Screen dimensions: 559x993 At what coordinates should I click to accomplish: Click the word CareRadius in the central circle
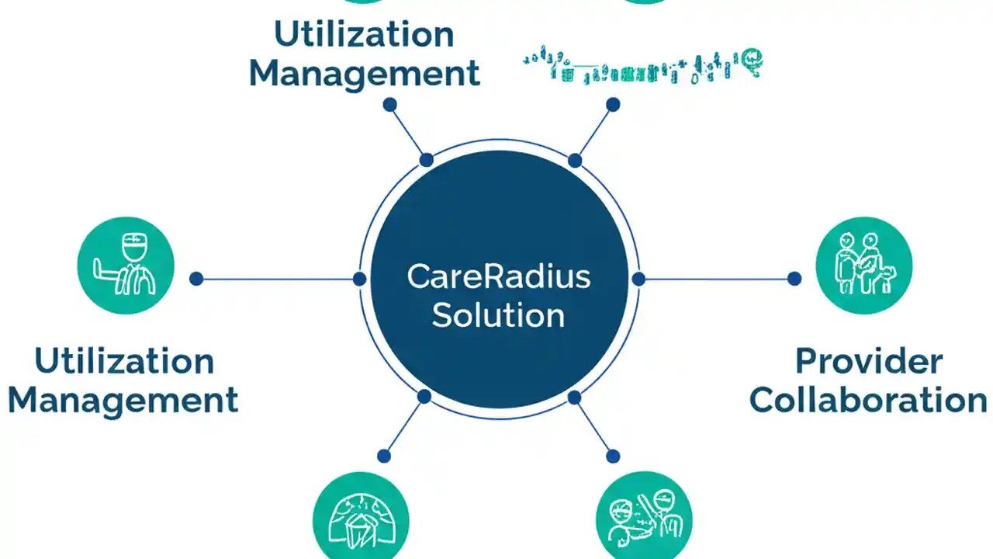point(498,277)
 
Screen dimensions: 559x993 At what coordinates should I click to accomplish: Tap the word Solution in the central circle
point(498,315)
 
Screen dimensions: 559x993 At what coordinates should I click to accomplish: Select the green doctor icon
point(126,266)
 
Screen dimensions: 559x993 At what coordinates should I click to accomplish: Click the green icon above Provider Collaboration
point(863,266)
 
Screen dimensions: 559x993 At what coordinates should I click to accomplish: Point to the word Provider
point(868,361)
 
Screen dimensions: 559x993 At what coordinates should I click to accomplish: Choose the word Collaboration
point(868,400)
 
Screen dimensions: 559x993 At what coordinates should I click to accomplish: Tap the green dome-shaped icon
point(361,519)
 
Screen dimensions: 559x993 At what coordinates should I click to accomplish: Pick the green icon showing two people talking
point(643,519)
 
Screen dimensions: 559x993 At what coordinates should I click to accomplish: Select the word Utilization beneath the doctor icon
point(124,361)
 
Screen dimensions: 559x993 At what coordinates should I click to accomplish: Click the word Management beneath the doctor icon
point(123,400)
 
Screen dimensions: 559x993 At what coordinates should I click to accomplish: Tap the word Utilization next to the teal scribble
point(364,34)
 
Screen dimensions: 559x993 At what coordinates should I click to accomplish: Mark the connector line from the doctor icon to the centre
point(278,279)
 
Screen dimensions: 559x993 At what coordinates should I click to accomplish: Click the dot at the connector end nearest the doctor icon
point(196,279)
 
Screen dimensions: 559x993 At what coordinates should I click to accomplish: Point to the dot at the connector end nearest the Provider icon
point(794,279)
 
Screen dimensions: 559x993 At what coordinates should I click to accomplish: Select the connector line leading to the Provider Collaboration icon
point(716,279)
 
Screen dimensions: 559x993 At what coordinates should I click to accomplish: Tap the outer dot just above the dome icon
point(384,456)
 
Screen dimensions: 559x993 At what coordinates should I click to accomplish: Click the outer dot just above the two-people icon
point(613,456)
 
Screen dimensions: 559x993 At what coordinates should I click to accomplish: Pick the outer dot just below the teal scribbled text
point(613,104)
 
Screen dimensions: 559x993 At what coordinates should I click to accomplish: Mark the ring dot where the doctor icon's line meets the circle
point(359,279)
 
